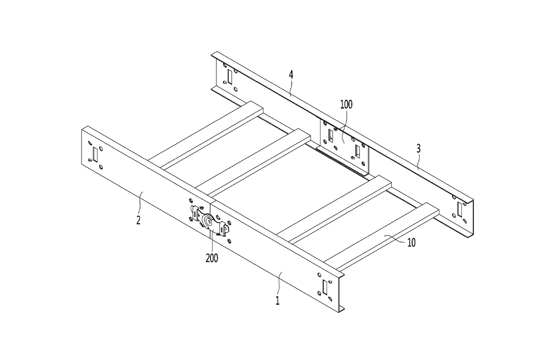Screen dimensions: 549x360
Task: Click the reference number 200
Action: pyautogui.click(x=212, y=258)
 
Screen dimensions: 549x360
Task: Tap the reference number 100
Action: pyautogui.click(x=346, y=104)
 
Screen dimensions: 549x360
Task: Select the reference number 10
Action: pyautogui.click(x=411, y=243)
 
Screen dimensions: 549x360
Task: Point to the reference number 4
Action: pyautogui.click(x=291, y=75)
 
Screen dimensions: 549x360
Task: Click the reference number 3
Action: pyautogui.click(x=419, y=148)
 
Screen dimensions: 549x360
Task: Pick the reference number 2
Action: pyautogui.click(x=138, y=220)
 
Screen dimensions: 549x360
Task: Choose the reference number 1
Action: pyautogui.click(x=277, y=300)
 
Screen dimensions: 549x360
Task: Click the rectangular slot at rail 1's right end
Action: pyautogui.click(x=325, y=287)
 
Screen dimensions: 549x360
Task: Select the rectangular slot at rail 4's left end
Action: pyautogui.click(x=230, y=77)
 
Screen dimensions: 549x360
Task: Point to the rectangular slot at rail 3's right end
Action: pyautogui.click(x=460, y=209)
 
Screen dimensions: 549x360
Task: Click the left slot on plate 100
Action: pyautogui.click(x=330, y=136)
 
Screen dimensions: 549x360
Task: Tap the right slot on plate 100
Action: pyautogui.click(x=357, y=151)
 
